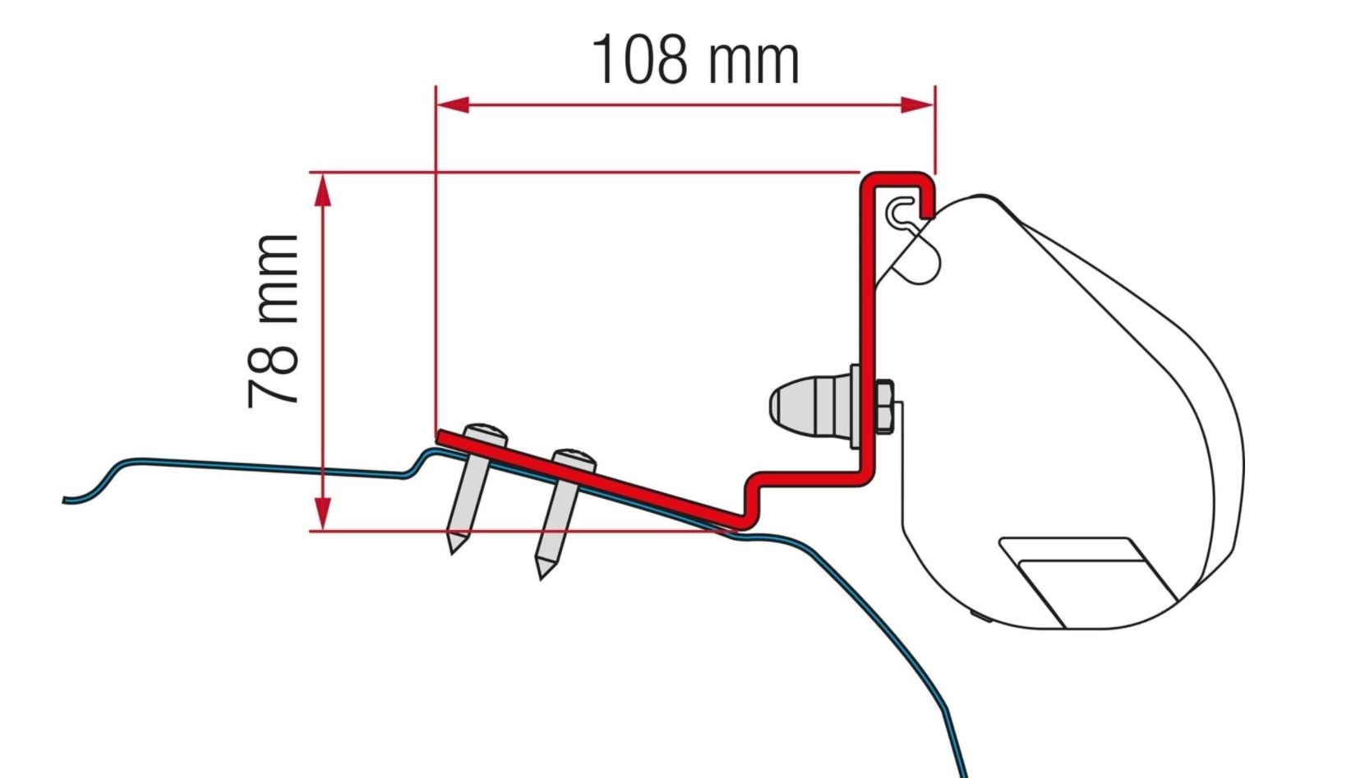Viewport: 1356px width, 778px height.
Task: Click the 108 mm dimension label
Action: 695,59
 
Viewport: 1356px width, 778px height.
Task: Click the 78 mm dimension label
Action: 273,321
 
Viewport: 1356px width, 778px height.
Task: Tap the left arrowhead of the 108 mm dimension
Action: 452,104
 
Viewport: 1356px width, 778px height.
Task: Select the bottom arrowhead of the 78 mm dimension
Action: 323,513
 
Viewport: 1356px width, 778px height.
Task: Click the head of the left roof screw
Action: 485,434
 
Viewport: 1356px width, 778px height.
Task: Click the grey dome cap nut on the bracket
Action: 809,405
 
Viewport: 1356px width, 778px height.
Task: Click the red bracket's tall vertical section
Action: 868,329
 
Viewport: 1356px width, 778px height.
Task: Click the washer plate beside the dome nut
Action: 855,407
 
